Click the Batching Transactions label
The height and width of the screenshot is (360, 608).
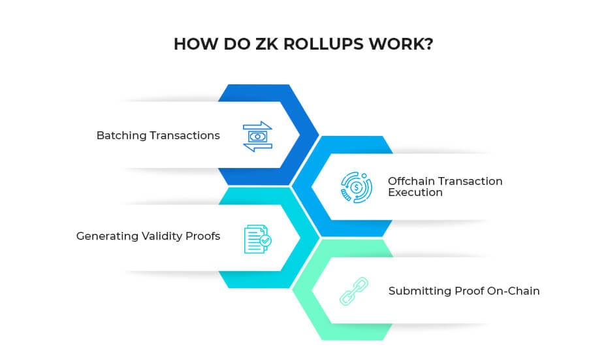(x=158, y=136)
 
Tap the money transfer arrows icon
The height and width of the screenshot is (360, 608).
(x=257, y=137)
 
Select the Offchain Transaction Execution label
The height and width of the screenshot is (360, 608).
(x=445, y=187)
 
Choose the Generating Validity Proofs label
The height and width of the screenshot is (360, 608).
(x=148, y=236)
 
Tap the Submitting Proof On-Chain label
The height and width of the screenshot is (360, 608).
(x=464, y=291)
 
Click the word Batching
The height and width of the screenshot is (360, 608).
(x=120, y=136)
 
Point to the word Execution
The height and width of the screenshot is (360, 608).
(x=415, y=193)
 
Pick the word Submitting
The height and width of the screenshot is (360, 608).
(x=415, y=291)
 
